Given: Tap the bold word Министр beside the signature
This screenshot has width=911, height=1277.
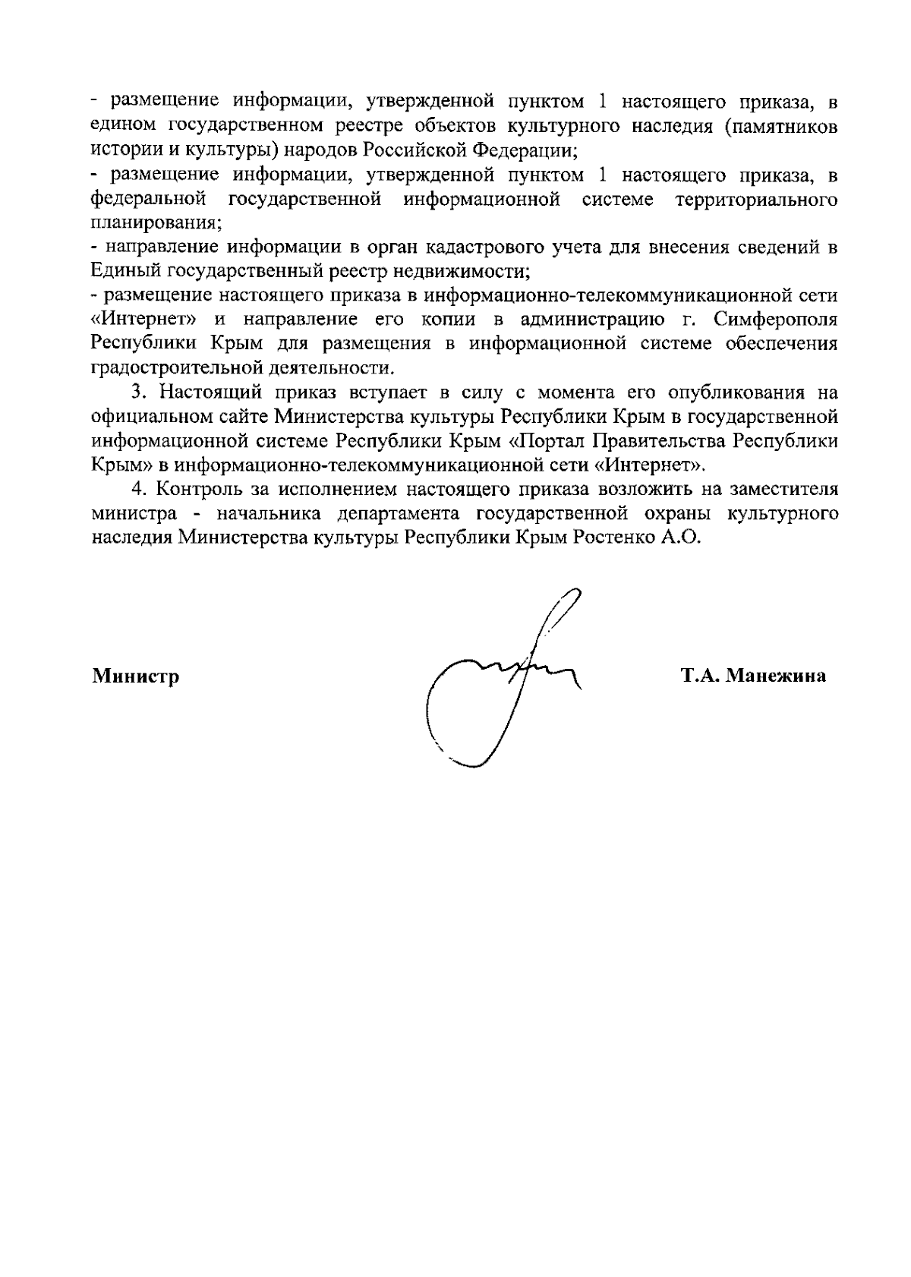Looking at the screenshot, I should click(136, 676).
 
